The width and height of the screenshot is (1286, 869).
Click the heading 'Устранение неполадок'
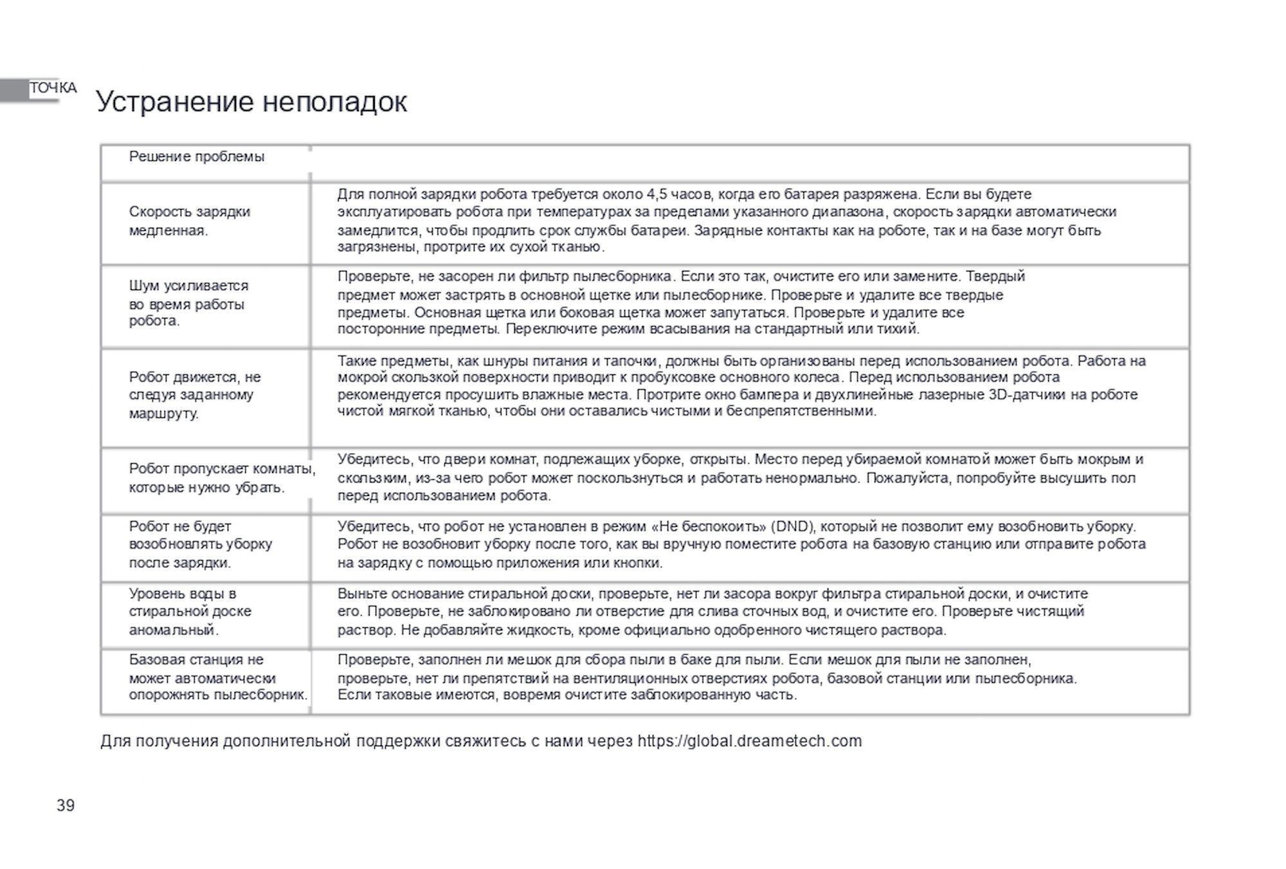click(x=251, y=102)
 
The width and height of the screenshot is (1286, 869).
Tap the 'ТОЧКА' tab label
click(x=53, y=88)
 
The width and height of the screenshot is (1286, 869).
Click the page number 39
click(x=66, y=805)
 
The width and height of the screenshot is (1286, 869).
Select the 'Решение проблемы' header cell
click(x=197, y=156)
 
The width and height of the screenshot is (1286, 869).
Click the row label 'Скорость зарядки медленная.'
click(x=190, y=221)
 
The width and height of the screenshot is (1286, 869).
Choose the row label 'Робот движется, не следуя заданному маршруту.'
click(x=195, y=394)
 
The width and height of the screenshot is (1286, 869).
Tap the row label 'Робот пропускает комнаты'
click(x=222, y=477)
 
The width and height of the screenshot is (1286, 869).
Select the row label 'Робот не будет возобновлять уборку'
click(x=200, y=544)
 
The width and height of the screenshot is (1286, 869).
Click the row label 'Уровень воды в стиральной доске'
click(x=190, y=611)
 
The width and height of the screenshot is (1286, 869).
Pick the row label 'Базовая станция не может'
click(x=218, y=677)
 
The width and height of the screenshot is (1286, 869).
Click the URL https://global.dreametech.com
click(x=749, y=741)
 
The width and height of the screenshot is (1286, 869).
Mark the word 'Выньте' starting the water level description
click(x=362, y=593)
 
